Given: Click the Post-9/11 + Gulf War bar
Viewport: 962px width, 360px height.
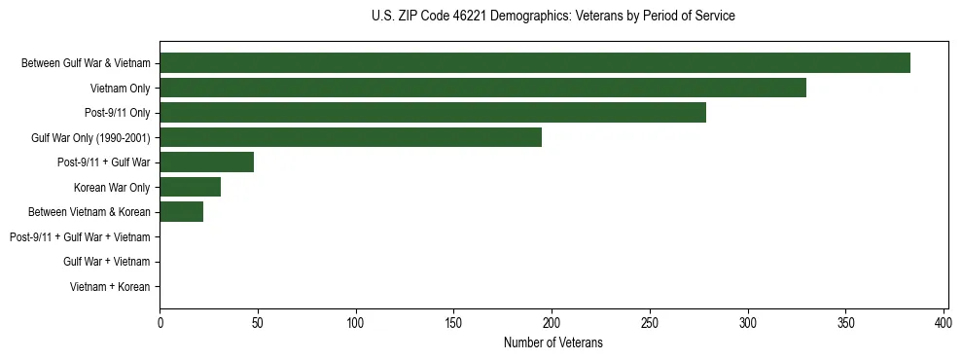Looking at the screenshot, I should pos(206,162).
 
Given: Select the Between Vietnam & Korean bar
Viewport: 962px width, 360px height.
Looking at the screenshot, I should pos(181,212).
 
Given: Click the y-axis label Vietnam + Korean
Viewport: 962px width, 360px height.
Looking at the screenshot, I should pos(110,287).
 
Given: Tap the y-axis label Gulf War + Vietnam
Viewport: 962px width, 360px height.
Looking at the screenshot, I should pos(106,262).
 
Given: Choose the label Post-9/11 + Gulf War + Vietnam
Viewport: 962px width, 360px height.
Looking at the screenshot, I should pos(80,237).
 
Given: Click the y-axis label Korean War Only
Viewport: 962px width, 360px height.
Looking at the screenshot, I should pos(112,188).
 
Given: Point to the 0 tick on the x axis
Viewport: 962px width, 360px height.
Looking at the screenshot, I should pos(160,322).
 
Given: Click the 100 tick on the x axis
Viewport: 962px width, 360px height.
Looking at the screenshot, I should pos(356,322).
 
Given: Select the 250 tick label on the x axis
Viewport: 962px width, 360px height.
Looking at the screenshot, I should pos(650,322).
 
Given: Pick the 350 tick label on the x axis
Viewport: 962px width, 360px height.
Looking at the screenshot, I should pos(845,322).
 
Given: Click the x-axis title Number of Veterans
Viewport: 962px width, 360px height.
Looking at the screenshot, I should pos(553,342).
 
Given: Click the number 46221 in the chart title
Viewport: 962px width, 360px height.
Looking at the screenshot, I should pos(466,17).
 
